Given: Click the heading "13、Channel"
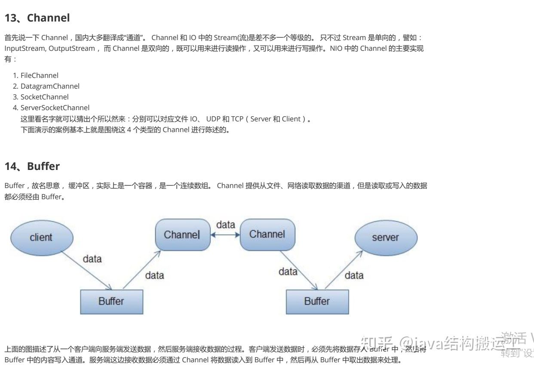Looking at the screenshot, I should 37,18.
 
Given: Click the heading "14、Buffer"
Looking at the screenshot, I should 32,166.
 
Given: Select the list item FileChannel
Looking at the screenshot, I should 39,75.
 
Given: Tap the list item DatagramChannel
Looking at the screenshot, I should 50,86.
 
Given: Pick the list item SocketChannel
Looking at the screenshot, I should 44,97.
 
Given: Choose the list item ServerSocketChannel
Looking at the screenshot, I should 55,108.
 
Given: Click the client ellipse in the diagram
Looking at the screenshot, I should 41,237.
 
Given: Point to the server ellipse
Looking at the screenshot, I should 385,237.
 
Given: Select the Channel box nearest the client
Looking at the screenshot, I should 182,235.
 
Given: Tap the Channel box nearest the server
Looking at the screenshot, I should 267,234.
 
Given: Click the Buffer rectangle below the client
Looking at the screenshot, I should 111,301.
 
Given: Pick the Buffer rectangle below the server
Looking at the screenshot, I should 317,301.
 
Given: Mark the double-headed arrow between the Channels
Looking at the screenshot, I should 225,235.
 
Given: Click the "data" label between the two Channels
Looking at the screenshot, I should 225,225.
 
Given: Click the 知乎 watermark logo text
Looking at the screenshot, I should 377,342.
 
